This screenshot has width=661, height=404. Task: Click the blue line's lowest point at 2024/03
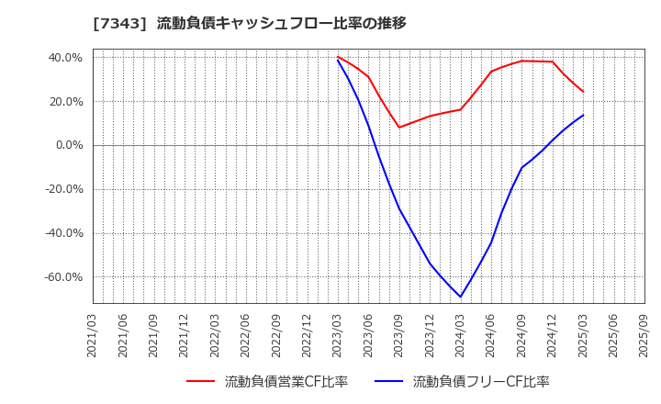pos(461,297)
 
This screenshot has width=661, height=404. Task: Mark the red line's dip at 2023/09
pos(399,128)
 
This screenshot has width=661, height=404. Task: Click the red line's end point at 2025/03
pos(583,92)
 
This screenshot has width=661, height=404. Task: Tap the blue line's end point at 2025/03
pos(583,115)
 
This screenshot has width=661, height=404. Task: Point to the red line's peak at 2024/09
pos(521,61)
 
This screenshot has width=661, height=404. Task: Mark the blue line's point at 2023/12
pos(430,264)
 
